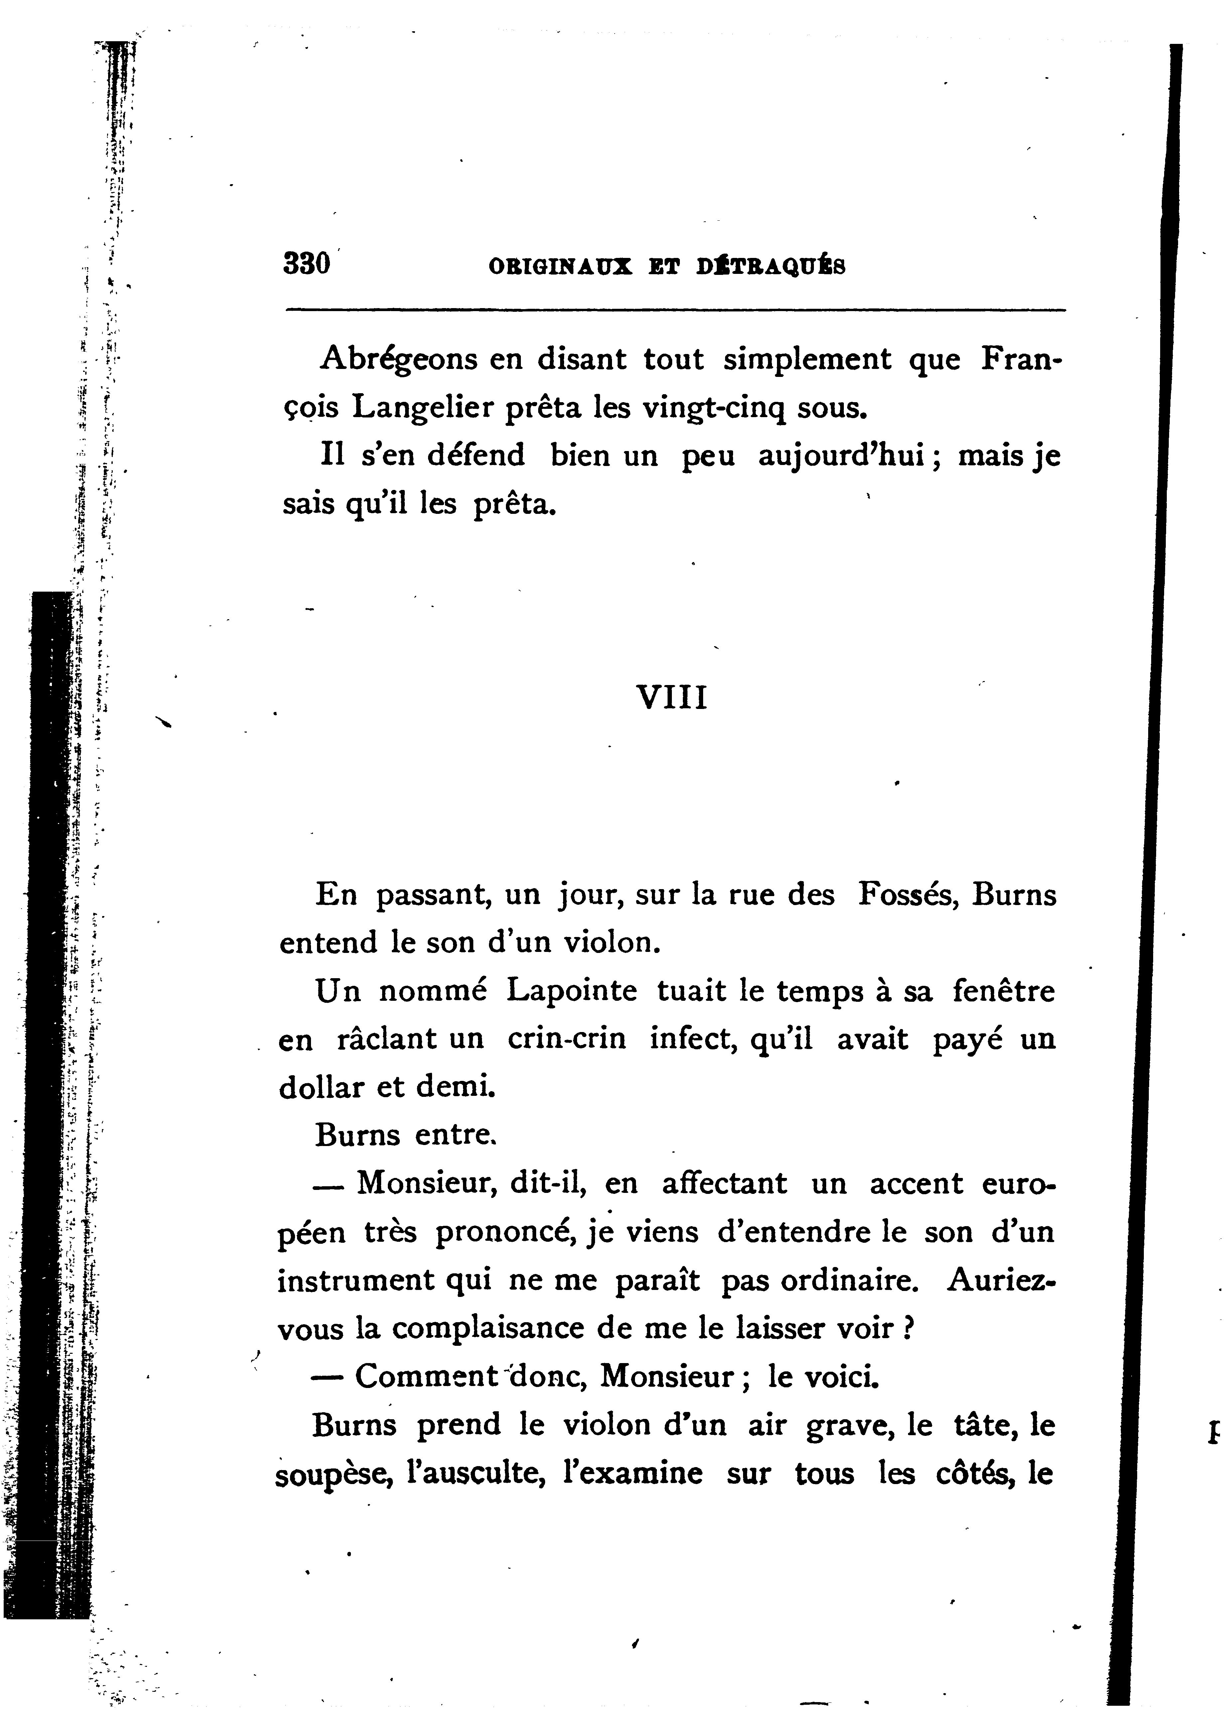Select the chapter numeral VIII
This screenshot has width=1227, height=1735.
672,697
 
